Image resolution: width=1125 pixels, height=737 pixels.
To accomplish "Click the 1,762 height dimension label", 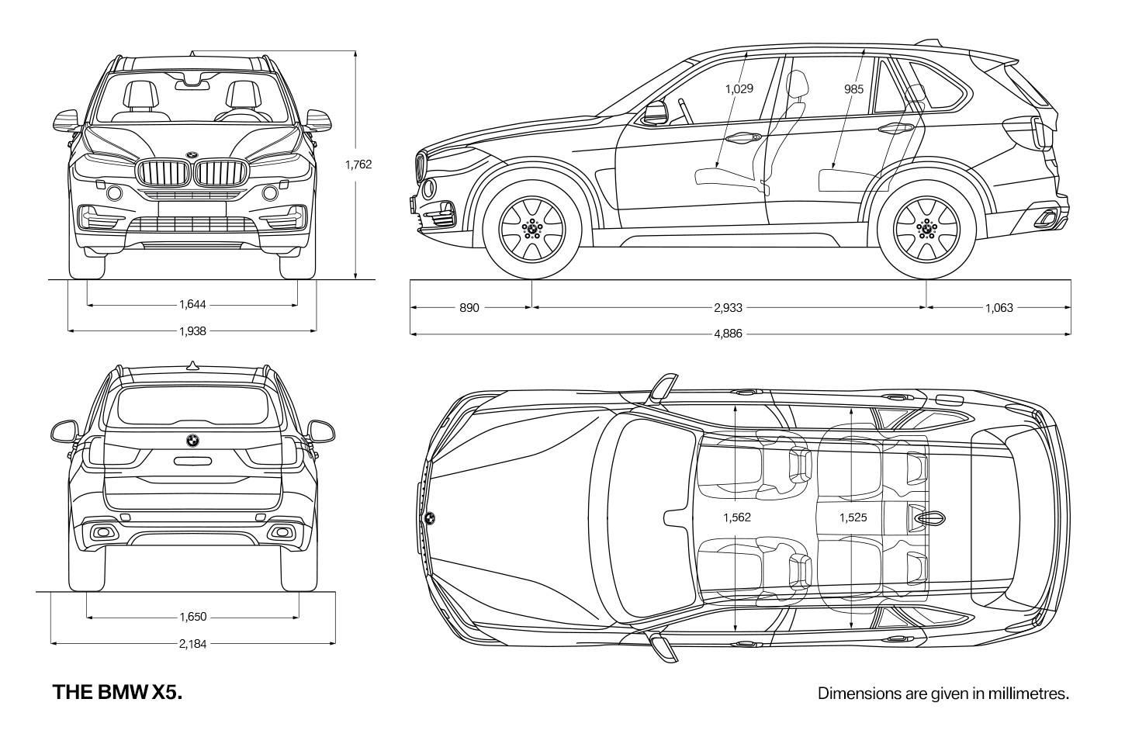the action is click(x=358, y=164).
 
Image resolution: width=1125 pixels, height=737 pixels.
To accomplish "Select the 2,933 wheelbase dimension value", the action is click(x=728, y=308).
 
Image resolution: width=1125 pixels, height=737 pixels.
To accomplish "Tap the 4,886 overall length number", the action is click(x=728, y=334).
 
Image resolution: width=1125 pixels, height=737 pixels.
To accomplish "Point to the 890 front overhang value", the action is click(x=469, y=308).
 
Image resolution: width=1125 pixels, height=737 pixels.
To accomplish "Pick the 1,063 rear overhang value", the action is click(x=999, y=308).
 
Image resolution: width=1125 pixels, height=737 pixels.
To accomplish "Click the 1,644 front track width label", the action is click(x=193, y=304).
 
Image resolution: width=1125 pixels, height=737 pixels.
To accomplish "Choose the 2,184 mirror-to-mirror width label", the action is click(x=193, y=644).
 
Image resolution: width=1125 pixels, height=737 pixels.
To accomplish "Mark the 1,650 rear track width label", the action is click(x=193, y=617).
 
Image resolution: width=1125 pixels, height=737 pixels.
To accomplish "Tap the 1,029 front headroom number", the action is click(x=739, y=89).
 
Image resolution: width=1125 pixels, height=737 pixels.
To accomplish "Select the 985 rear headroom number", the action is click(x=853, y=89).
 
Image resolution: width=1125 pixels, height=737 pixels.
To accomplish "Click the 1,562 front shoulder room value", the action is click(x=737, y=517).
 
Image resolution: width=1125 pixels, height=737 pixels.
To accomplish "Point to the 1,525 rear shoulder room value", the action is click(x=853, y=517).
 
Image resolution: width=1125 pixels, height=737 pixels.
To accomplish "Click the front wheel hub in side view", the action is click(x=532, y=230).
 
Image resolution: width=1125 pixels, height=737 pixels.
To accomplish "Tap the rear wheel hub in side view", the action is click(x=926, y=230).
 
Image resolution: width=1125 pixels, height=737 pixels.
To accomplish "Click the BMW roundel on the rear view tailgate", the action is click(x=193, y=441).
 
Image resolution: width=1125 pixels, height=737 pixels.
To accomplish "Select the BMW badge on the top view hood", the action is click(x=430, y=518).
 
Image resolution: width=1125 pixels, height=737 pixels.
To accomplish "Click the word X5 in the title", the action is click(x=167, y=692).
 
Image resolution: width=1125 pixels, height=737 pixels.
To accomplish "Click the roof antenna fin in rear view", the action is click(x=193, y=365).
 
